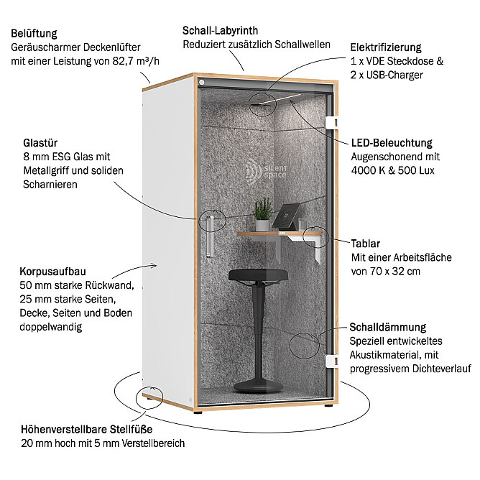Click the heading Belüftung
coord(34,34)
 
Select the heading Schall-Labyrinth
coord(220,31)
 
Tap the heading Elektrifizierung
coord(386,47)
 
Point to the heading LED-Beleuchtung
coord(392,143)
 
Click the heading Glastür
coord(40,143)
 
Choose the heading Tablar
coord(366,244)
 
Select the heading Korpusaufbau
coord(52,272)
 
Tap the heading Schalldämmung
coord(388,327)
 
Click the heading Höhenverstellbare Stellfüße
coord(87,429)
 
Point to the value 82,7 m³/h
coord(136,61)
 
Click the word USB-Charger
coord(394,75)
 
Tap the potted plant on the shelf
coord(263,214)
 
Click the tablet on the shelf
coord(286,217)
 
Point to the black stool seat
coord(258,274)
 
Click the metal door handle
coord(210,236)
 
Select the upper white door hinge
coord(331,122)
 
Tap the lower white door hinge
coord(331,361)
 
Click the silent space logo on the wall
coord(266,172)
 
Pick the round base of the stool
coord(259,385)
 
